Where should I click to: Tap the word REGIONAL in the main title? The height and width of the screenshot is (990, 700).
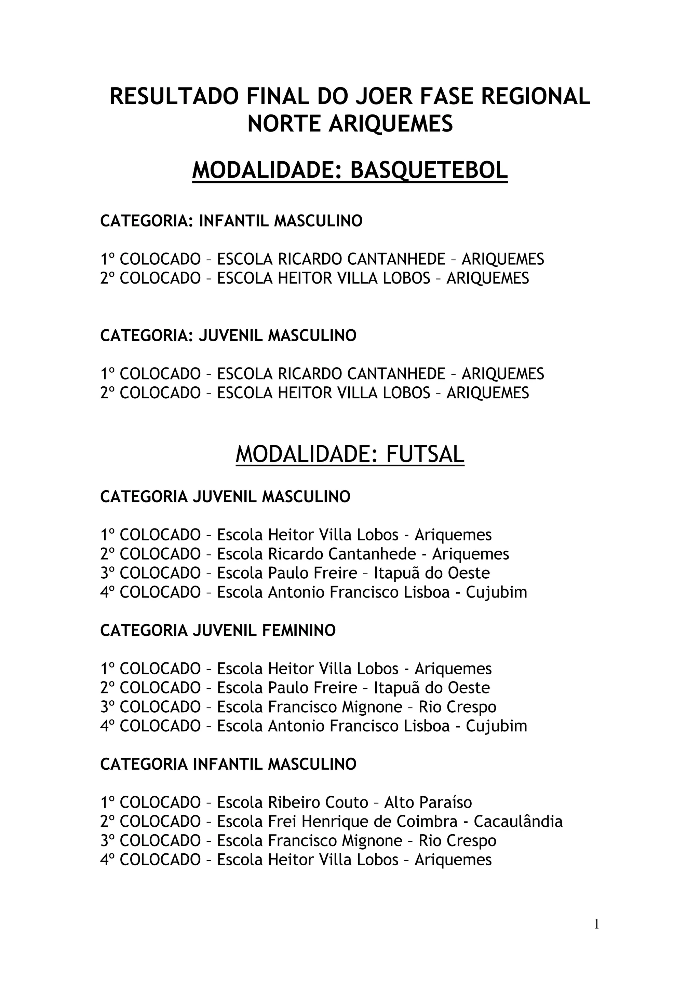pos(535,96)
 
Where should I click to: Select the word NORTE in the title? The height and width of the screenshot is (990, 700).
pos(285,124)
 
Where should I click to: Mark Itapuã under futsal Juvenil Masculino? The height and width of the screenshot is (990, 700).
pos(390,573)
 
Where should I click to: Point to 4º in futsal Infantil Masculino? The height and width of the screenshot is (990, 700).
pos(107,860)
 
